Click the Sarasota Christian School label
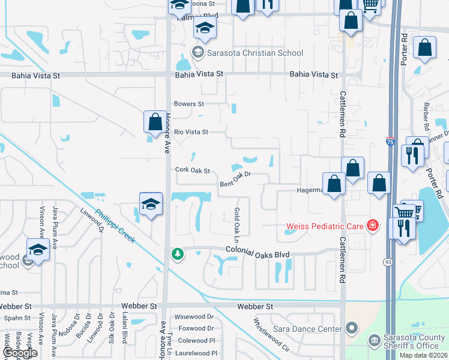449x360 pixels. tap(255, 53)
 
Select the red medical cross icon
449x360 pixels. tap(373, 226)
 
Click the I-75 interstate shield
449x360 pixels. tap(390, 142)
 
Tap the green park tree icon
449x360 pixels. tap(178, 253)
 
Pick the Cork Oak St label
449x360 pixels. tap(192, 170)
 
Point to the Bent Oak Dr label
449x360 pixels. tap(234, 179)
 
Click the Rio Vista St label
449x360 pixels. tap(191, 132)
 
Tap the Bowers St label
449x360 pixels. tap(189, 104)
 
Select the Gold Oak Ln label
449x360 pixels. tap(237, 221)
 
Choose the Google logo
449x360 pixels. tap(20, 353)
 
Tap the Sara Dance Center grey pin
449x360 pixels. tap(352, 329)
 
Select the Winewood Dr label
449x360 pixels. tap(194, 317)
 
